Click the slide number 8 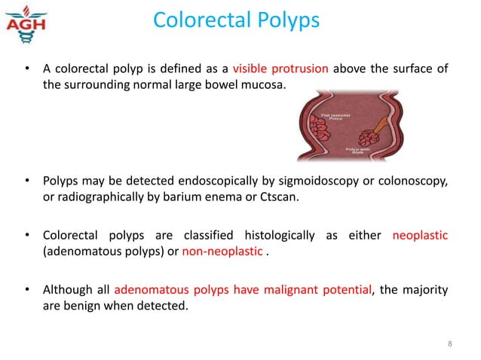[x=449, y=346]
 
